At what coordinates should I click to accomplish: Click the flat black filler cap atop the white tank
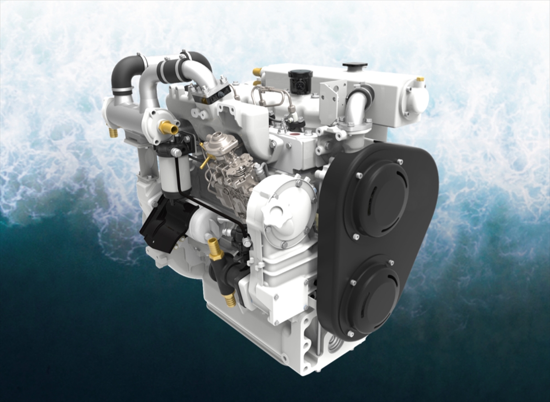355,65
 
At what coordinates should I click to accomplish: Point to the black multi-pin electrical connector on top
300,81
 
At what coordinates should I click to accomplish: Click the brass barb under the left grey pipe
113,133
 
